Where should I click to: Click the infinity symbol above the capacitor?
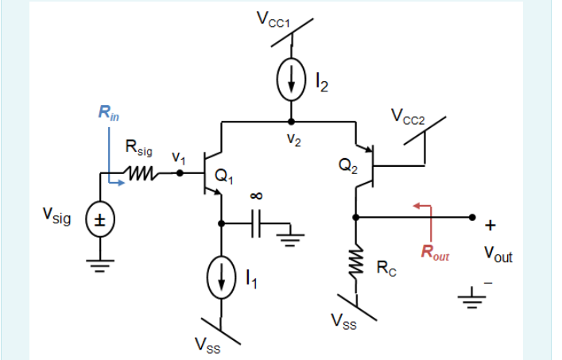pyautogui.click(x=257, y=195)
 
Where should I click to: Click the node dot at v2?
pyautogui.click(x=291, y=122)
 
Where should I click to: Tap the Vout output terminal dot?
pyautogui.click(x=472, y=216)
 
